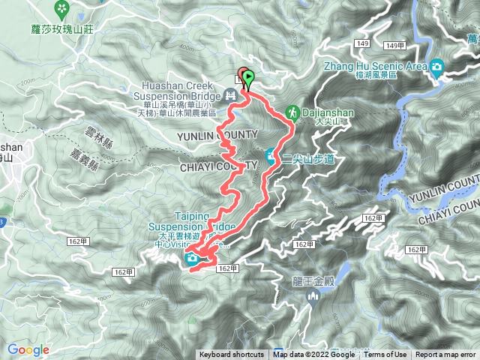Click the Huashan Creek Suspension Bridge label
pos(178,91)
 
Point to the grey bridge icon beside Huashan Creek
pos(231,94)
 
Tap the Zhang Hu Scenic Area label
pos(374,66)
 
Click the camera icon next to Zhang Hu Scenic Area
pos(436,67)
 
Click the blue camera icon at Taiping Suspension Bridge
pos(193,259)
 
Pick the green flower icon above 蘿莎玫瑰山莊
pos(61,10)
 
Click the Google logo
pos(28,349)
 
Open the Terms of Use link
pos(385,355)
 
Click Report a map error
pos(446,355)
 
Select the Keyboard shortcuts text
pos(231,355)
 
